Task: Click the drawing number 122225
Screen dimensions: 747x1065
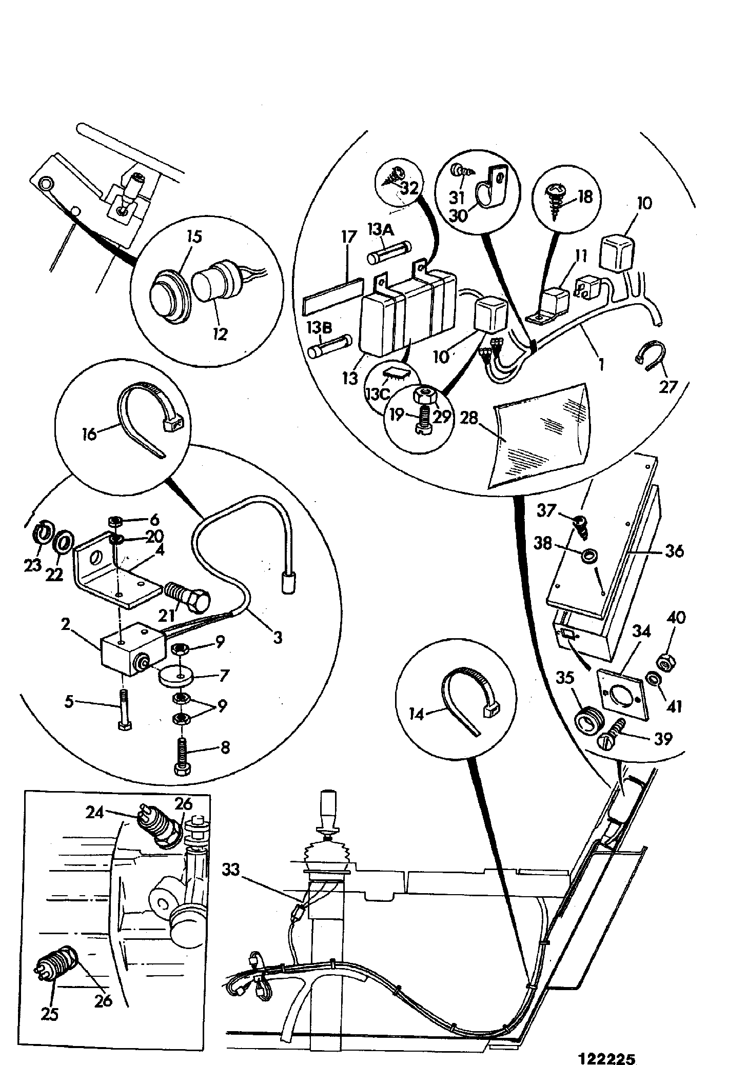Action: (x=607, y=1044)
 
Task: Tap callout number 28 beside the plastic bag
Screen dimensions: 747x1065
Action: (x=469, y=418)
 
